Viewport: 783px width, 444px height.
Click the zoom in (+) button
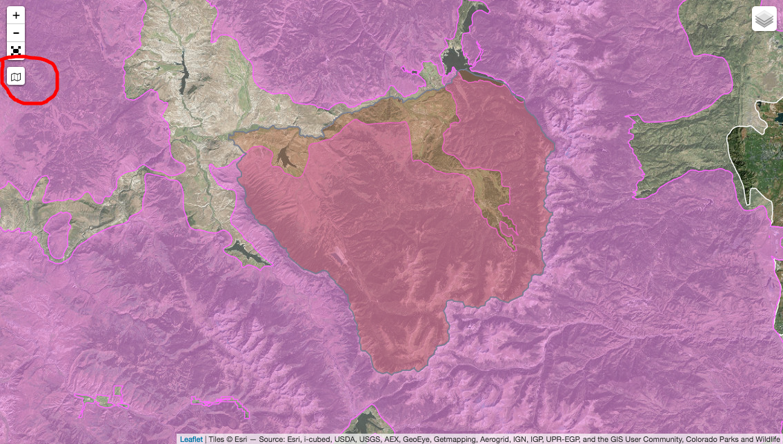(x=16, y=15)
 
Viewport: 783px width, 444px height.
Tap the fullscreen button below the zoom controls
(x=16, y=50)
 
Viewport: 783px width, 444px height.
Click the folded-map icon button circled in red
(x=16, y=76)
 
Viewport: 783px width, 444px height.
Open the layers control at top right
(x=764, y=20)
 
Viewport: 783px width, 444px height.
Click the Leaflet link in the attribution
(x=191, y=438)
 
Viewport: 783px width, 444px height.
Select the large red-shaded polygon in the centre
(x=386, y=234)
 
